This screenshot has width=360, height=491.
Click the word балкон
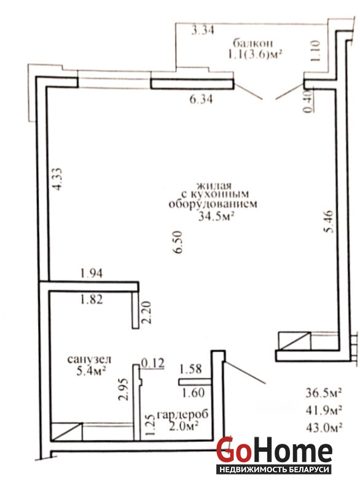[x=252, y=42]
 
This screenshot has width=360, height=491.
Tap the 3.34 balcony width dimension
[x=203, y=30]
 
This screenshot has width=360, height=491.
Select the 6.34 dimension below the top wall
[x=201, y=99]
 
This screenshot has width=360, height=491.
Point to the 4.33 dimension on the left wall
[x=57, y=179]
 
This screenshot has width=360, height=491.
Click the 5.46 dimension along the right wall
[x=330, y=222]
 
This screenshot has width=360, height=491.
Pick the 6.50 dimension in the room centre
[x=178, y=242]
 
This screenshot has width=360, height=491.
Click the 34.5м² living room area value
[x=217, y=216]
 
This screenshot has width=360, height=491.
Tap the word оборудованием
[x=213, y=204]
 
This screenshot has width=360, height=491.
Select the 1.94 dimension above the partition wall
[x=92, y=273]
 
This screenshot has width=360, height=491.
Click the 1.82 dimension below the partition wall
[x=92, y=300]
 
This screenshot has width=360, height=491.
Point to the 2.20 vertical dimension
[x=146, y=312]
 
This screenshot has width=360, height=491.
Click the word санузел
[x=89, y=359]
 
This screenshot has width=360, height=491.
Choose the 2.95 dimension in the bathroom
[x=123, y=389]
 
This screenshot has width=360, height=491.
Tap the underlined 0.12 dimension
[x=153, y=363]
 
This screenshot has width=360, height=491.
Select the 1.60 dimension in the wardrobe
[x=194, y=392]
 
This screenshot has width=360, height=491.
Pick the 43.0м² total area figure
[x=324, y=427]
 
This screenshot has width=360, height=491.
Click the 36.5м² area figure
[x=324, y=392]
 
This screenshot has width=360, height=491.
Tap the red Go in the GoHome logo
[x=233, y=449]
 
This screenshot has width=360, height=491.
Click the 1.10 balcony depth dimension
[x=316, y=50]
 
